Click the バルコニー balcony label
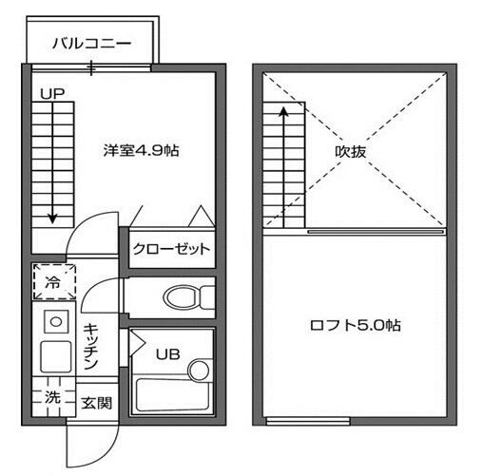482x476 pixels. pyautogui.click(x=91, y=44)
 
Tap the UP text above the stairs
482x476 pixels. pyautogui.click(x=52, y=94)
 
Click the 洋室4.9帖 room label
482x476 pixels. pyautogui.click(x=141, y=151)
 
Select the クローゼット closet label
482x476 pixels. pyautogui.click(x=171, y=249)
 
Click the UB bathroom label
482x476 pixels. pyautogui.click(x=168, y=354)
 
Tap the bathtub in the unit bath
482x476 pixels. pyautogui.click(x=172, y=395)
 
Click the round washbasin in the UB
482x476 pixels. pyautogui.click(x=199, y=370)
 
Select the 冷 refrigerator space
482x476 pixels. pyautogui.click(x=54, y=281)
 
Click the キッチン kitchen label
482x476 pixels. pyautogui.click(x=91, y=346)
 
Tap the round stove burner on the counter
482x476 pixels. pyautogui.click(x=56, y=322)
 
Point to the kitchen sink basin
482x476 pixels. pyautogui.click(x=56, y=356)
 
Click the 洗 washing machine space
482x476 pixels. pyautogui.click(x=54, y=396)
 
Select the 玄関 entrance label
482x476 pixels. pyautogui.click(x=97, y=404)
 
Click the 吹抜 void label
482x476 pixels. pyautogui.click(x=351, y=152)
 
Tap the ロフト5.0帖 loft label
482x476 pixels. pyautogui.click(x=356, y=325)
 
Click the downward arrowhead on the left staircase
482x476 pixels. pyautogui.click(x=52, y=219)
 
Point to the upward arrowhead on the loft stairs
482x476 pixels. pyautogui.click(x=283, y=111)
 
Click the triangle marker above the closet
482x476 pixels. pyautogui.click(x=202, y=217)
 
